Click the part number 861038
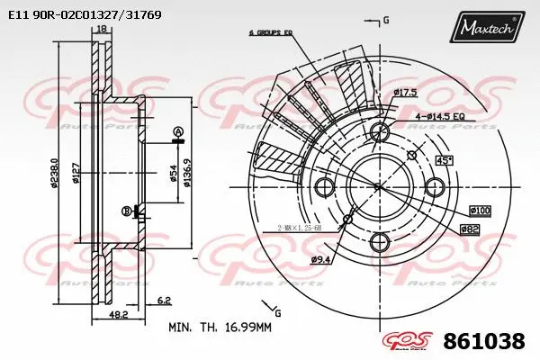click(x=484, y=341)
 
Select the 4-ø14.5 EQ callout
click(x=439, y=116)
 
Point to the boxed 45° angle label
click(x=444, y=160)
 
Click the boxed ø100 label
click(x=479, y=211)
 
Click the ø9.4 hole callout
click(x=320, y=260)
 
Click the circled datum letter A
click(x=177, y=132)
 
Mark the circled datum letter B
click(x=125, y=211)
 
